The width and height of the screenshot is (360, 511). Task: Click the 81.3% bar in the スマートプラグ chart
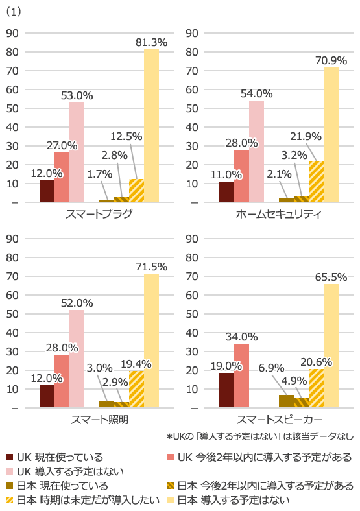151,125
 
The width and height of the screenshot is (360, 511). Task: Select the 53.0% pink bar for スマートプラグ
77,152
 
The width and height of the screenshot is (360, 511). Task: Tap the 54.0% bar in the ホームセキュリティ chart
257,151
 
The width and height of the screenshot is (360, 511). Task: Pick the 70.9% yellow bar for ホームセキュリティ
331,135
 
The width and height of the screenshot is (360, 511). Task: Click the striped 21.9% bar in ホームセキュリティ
317,181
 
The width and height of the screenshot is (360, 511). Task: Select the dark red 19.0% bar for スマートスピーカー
226,390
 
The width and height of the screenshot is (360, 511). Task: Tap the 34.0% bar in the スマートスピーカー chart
242,375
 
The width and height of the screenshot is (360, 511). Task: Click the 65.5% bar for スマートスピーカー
331,346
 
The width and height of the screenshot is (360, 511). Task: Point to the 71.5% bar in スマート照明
151,340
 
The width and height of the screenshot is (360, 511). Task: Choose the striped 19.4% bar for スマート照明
137,389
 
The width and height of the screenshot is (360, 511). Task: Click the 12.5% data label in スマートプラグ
126,136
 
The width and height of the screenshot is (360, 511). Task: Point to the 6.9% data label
271,368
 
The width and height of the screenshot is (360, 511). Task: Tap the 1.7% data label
99,174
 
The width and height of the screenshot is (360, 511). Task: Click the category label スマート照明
99,420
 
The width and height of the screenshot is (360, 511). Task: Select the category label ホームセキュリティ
278,214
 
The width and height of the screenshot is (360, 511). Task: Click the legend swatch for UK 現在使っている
10,457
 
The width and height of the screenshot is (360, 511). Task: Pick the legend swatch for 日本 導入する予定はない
171,499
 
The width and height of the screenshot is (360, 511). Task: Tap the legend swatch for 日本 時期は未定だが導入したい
10,499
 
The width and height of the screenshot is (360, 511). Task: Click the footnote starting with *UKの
260,436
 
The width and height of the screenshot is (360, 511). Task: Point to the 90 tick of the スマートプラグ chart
12,33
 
